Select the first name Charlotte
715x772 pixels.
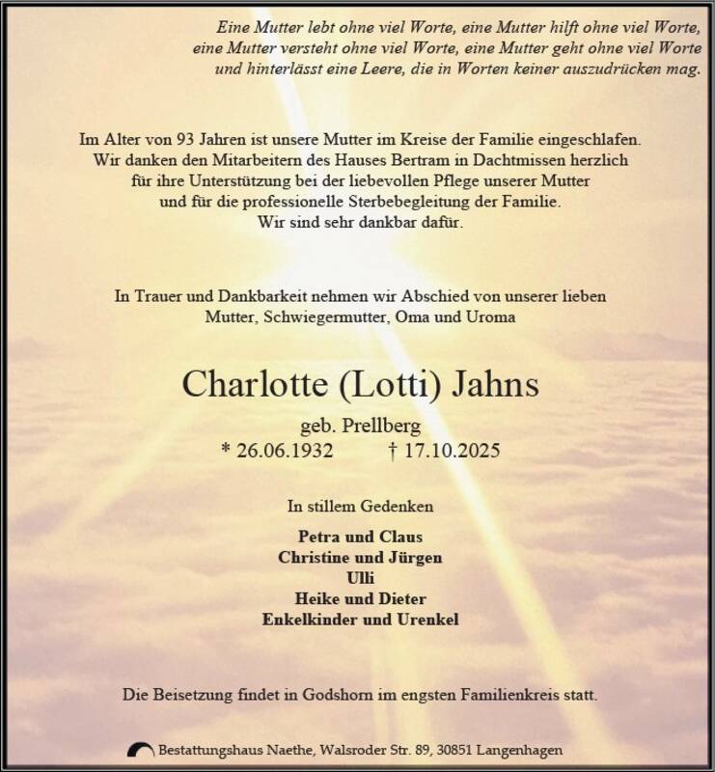point(253,386)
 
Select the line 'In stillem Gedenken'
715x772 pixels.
point(359,506)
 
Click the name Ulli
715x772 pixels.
point(359,577)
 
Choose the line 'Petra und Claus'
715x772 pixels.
point(359,537)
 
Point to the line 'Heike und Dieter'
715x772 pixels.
point(359,598)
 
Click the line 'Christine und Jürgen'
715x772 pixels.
point(359,557)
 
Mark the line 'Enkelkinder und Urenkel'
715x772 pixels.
point(359,619)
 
